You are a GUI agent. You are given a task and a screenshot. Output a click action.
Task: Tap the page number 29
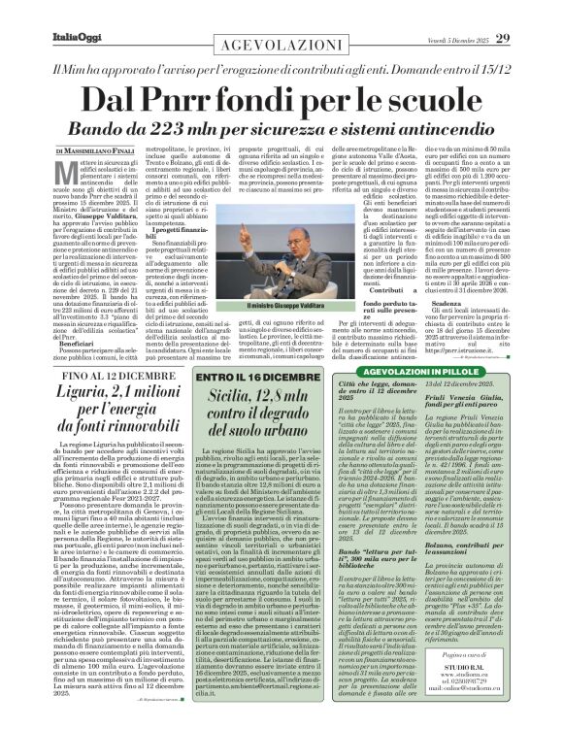tap(530, 12)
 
